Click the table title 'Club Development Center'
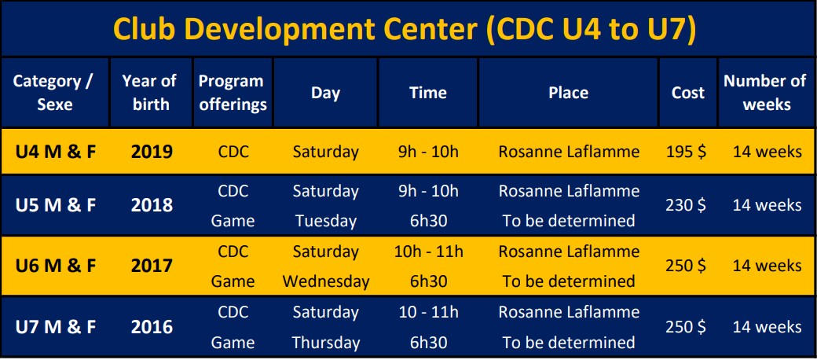[x=295, y=29]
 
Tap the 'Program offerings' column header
[x=233, y=92]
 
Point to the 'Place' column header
[x=569, y=93]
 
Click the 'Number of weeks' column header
[x=767, y=92]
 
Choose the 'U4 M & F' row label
[x=56, y=152]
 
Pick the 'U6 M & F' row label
[x=56, y=266]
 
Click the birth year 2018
[x=152, y=205]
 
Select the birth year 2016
[x=152, y=327]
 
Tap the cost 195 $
[x=687, y=152]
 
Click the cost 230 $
[x=687, y=205]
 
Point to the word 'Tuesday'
[x=326, y=221]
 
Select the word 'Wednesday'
[x=326, y=282]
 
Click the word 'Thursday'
[x=326, y=343]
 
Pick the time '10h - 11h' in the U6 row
[x=428, y=252]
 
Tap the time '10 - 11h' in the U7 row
[x=428, y=312]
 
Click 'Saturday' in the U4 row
[x=326, y=152]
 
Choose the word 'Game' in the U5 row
[x=233, y=221]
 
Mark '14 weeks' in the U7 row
[x=767, y=327]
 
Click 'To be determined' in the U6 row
[x=569, y=282]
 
